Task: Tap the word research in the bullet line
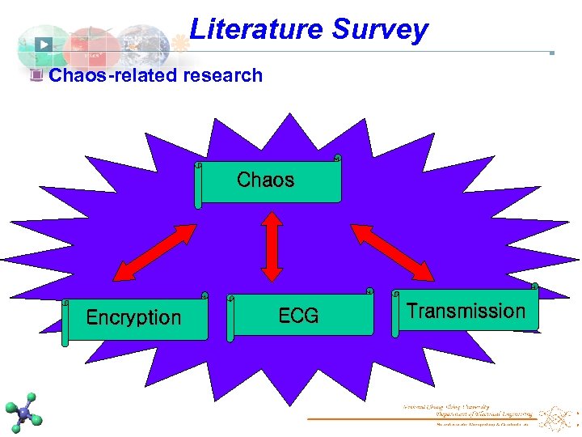point(223,76)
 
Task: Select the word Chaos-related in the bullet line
point(113,76)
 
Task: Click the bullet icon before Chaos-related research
point(36,76)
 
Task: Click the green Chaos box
point(268,180)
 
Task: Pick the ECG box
point(300,315)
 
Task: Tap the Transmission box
point(466,310)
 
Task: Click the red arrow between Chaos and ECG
point(272,247)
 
